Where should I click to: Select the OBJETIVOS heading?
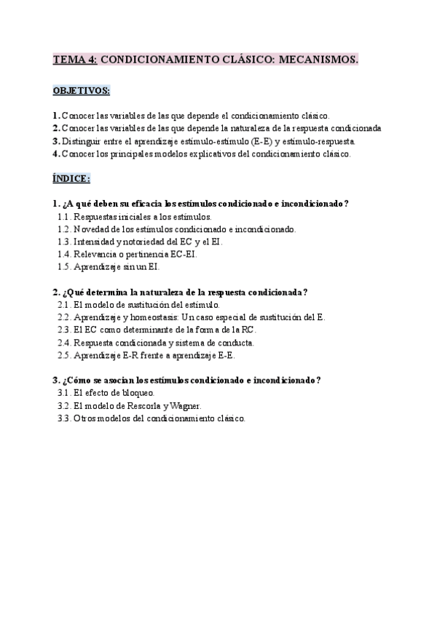(82, 91)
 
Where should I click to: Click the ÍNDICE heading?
(71, 179)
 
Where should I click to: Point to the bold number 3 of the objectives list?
(56, 141)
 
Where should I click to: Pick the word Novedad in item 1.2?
(91, 229)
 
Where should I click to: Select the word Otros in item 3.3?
(85, 418)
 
